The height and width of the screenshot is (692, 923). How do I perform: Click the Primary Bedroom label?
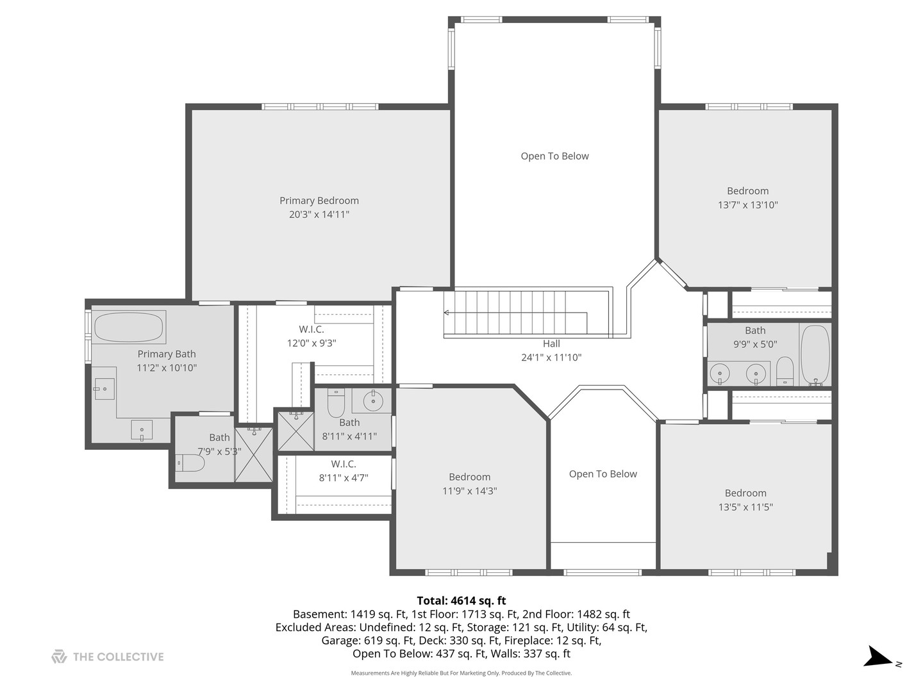point(319,201)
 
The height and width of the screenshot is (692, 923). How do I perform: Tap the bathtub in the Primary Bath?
point(129,327)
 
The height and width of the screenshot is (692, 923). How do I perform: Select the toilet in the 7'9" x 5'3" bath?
point(190,463)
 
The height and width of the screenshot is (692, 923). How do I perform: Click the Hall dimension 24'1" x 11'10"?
point(551,357)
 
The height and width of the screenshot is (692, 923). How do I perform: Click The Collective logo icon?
point(59,657)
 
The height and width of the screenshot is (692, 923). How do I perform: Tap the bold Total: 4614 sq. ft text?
point(462,600)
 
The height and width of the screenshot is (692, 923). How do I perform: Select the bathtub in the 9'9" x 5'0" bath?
point(815,355)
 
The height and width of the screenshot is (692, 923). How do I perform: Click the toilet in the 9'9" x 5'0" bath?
point(785,371)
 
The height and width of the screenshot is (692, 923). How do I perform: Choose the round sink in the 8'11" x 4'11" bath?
point(373,400)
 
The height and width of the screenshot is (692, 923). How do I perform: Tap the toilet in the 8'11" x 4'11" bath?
point(336,402)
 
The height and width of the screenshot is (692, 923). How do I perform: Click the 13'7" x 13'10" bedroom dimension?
point(747,204)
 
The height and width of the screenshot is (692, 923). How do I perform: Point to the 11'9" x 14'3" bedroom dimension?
point(469,491)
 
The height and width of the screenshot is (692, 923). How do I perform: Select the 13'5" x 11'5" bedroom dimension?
point(745,507)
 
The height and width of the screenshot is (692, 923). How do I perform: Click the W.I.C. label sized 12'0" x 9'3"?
point(312,329)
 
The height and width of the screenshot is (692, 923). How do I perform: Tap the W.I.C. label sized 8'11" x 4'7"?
point(344,464)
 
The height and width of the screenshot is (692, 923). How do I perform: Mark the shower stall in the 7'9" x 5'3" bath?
point(254,455)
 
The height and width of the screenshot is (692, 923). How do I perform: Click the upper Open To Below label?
point(554,156)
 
